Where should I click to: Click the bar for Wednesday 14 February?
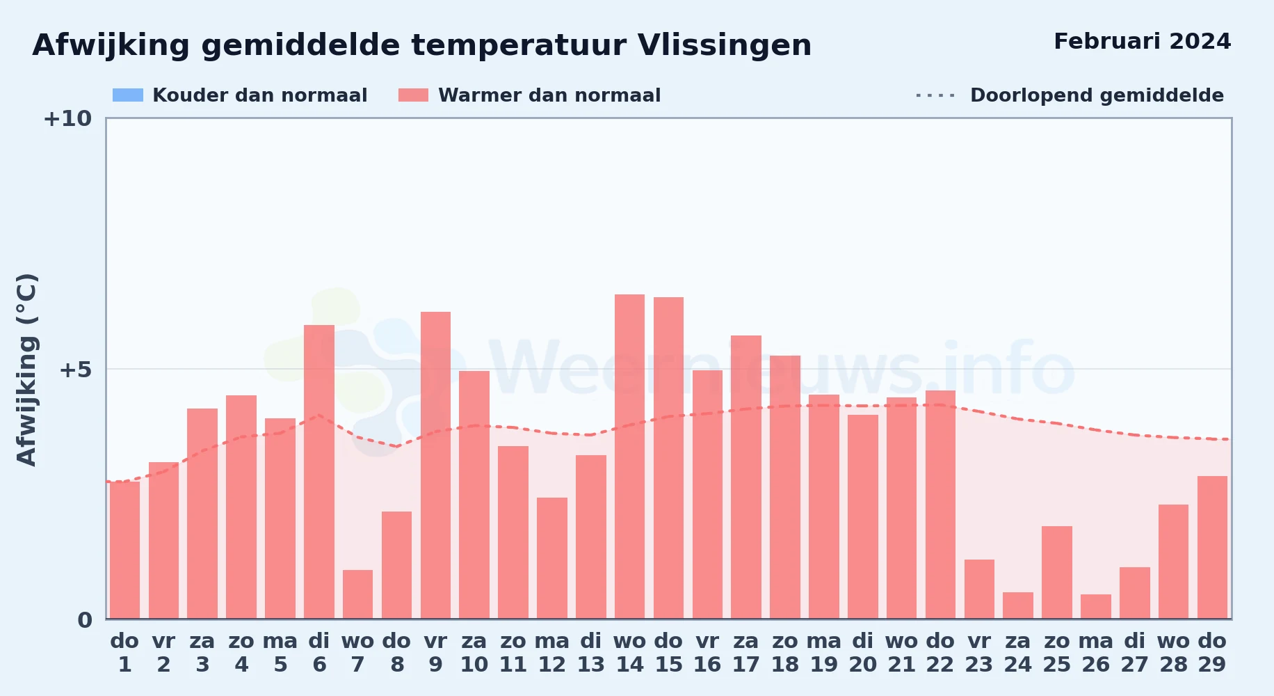point(629,457)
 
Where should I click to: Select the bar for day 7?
point(357,594)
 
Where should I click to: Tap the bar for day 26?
point(1096,606)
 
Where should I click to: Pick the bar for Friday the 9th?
point(435,465)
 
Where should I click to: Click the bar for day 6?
point(319,472)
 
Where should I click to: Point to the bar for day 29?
point(1212,547)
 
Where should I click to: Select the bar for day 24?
point(1018,606)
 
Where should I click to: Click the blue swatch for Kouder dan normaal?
point(128,95)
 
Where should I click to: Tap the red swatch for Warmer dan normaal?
point(414,95)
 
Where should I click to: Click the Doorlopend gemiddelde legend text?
point(1097,95)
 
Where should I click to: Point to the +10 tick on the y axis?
point(67,119)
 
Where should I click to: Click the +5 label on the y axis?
point(75,370)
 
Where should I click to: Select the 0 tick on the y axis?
point(85,620)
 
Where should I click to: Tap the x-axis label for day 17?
point(745,653)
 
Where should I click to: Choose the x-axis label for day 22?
point(940,653)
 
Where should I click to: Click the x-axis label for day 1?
point(124,653)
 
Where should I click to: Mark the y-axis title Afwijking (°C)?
point(26,370)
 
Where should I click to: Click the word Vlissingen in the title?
point(725,46)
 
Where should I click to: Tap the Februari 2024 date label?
point(1143,42)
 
